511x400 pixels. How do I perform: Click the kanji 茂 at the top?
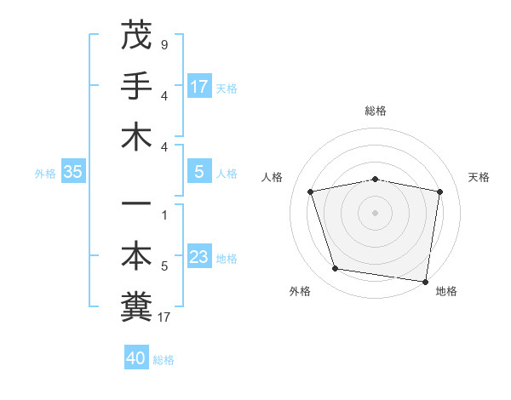coord(136,35)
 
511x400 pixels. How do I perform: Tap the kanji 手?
coord(136,86)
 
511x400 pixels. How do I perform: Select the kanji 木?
coord(136,137)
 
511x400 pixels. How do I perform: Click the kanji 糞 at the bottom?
coord(136,307)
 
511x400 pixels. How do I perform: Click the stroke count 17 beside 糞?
coord(164,317)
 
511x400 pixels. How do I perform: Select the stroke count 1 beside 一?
coord(164,214)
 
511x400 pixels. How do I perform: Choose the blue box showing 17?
coord(199,87)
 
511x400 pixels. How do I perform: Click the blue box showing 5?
coord(199,173)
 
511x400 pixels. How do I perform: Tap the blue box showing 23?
coord(199,258)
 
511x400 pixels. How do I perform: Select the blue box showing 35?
coord(73,173)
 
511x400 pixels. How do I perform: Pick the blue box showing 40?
coord(136,358)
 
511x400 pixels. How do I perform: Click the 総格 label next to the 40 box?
coord(164,359)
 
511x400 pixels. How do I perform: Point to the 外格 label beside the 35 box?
coord(45,173)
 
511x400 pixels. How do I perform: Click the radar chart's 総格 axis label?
coord(375,111)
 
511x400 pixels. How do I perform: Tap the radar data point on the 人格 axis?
coord(311,191)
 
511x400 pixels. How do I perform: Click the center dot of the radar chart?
coord(375,212)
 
